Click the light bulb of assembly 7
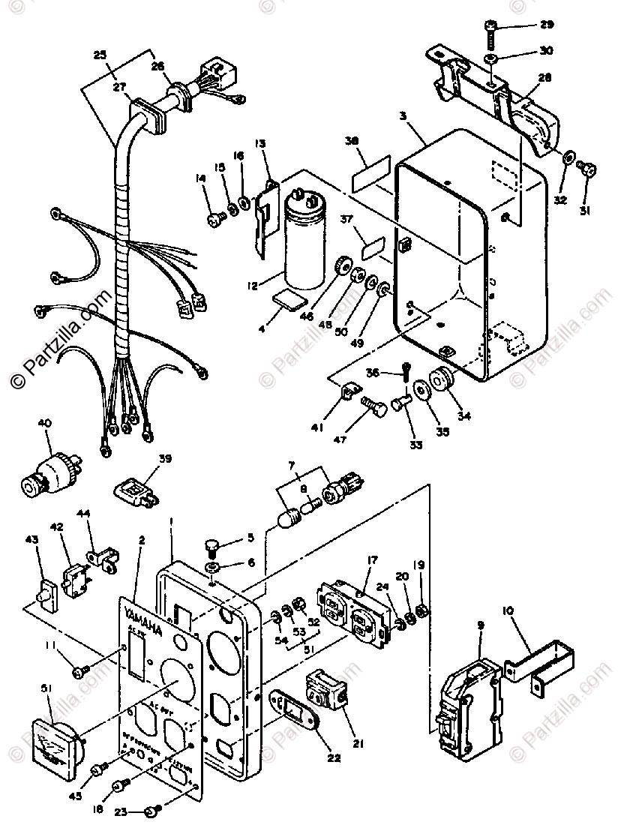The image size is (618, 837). pyautogui.click(x=290, y=520)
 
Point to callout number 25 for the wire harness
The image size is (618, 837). pyautogui.click(x=100, y=54)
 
